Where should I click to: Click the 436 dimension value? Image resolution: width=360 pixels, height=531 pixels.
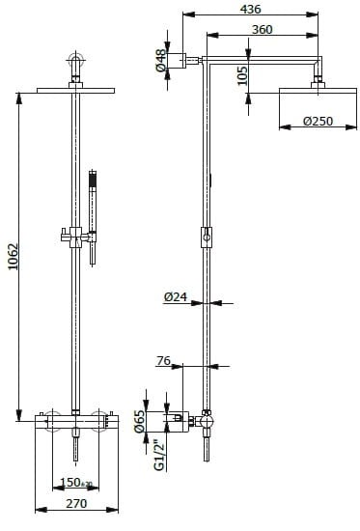250,9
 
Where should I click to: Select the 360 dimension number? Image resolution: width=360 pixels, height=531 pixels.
263,29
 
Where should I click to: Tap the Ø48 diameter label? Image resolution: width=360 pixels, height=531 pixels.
161,60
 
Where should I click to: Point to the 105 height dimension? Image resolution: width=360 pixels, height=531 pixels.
242,75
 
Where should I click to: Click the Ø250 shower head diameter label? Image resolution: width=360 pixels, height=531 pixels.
318,121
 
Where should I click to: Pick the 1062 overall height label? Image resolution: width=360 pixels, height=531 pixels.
14,256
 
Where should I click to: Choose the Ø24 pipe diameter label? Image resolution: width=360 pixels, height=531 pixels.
176,297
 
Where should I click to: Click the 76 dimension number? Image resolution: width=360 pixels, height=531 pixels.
163,361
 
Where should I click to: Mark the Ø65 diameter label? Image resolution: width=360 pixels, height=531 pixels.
140,421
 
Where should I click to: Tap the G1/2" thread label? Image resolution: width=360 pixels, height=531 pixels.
159,455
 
